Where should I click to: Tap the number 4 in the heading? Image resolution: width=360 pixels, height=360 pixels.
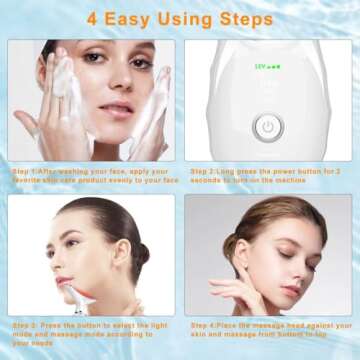[94, 19]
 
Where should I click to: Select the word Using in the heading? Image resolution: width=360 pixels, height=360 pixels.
[188, 19]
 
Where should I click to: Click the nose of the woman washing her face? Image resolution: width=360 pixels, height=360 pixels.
[108, 90]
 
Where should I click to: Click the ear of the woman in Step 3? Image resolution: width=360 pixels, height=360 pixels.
[120, 255]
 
